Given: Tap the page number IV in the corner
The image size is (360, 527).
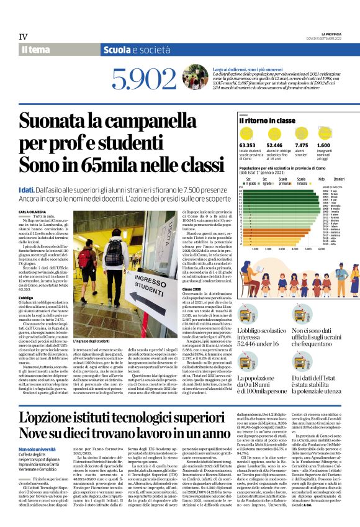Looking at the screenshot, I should coord(23,37).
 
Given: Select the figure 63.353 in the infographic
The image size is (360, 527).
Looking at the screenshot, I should coord(247,145).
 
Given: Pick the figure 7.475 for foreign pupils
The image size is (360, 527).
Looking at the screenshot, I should coord(300,145).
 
